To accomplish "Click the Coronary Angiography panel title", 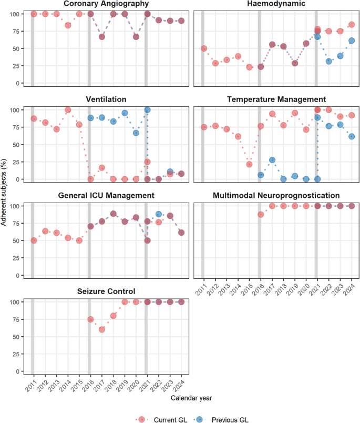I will [x=107, y=4].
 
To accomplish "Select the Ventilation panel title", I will [x=107, y=99].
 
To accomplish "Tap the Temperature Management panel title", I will [x=277, y=99].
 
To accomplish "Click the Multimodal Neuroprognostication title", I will [x=277, y=196].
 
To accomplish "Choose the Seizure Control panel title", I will [x=107, y=291].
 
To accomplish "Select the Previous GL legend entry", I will [x=230, y=419].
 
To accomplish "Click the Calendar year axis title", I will [x=192, y=399].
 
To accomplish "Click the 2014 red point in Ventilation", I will [x=68, y=110].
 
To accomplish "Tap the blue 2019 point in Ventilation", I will [x=125, y=113].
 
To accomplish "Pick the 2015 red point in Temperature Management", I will [x=250, y=164].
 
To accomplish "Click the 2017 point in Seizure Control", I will [x=102, y=329].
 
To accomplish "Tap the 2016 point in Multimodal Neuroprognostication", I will [x=261, y=215].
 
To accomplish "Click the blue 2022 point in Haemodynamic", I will [x=329, y=61].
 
